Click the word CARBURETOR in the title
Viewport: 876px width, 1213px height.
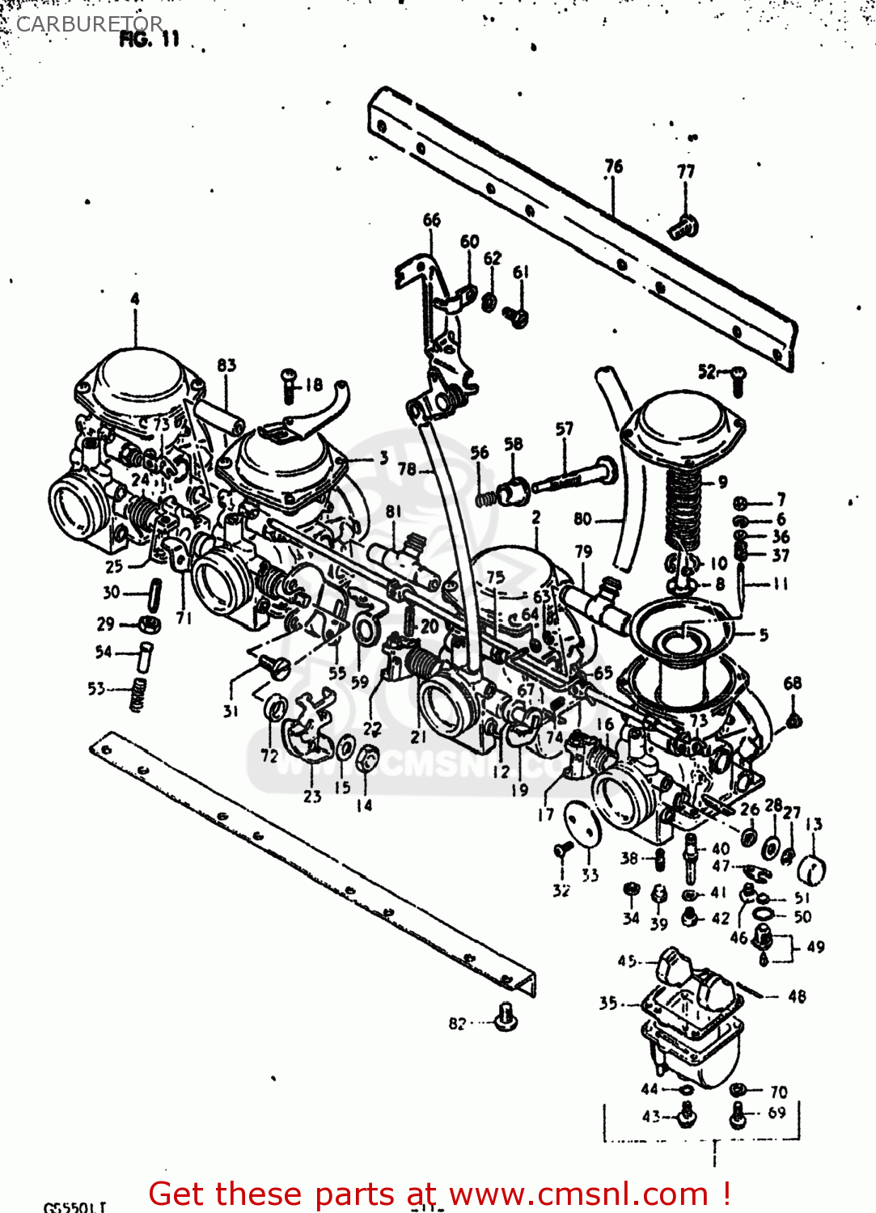tap(89, 24)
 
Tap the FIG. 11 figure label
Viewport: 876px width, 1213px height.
tap(149, 40)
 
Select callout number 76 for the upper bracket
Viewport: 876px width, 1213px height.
tap(614, 167)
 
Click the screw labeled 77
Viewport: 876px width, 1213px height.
tap(683, 226)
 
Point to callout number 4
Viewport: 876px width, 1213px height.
tap(135, 299)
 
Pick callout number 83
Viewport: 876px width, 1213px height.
tap(226, 366)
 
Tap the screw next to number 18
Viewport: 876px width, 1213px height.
tap(290, 386)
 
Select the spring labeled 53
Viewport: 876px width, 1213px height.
tap(138, 695)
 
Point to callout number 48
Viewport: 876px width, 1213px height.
tap(797, 996)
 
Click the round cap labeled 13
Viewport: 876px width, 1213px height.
tap(811, 870)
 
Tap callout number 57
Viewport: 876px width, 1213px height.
tap(564, 429)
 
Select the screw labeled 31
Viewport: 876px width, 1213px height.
tap(274, 666)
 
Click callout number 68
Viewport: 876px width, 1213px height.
tap(792, 683)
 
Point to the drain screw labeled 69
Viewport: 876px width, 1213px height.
tap(737, 1115)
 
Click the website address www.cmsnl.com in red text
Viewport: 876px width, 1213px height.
tap(578, 1194)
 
